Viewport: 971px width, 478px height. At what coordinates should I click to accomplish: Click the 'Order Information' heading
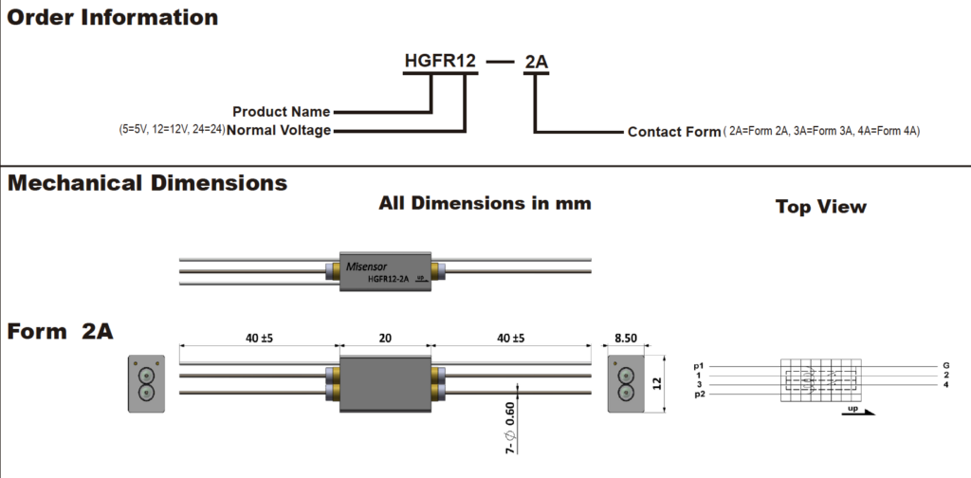tap(112, 17)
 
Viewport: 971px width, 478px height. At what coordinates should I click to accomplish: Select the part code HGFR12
tap(438, 63)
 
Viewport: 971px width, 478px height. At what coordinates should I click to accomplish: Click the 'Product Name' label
tap(282, 111)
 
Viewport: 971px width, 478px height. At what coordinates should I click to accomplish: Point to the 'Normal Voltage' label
tap(280, 131)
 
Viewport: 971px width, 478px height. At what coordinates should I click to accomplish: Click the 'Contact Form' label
tap(674, 132)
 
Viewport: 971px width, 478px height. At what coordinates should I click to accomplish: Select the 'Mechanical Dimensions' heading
tap(147, 183)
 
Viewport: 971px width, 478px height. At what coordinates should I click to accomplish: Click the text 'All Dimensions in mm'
tap(485, 203)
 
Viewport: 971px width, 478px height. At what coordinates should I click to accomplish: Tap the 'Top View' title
tap(820, 206)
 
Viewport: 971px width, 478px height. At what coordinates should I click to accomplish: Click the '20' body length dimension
tap(385, 339)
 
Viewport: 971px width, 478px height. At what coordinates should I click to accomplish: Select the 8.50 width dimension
tap(625, 338)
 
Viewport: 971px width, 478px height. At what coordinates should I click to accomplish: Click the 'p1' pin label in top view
tap(700, 365)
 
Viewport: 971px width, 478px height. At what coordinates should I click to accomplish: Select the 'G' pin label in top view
tap(946, 365)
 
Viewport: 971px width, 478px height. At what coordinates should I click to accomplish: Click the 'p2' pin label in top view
tap(700, 394)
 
